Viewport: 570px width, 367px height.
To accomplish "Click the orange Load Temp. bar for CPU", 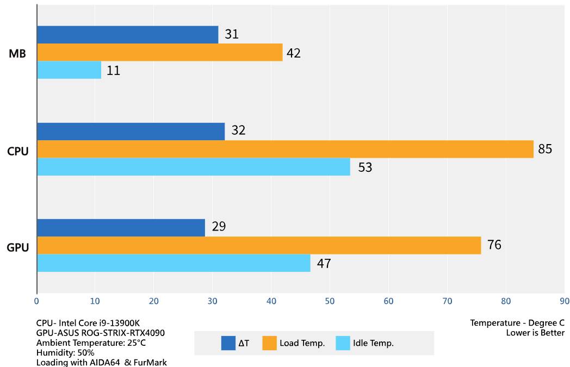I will pos(285,149).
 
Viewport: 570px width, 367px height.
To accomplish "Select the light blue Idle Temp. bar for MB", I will pos(69,70).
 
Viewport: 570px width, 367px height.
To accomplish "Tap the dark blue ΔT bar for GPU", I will pos(121,227).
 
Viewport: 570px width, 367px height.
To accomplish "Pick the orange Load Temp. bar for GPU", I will pos(259,245).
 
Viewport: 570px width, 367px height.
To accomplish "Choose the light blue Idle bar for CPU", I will pos(193,167).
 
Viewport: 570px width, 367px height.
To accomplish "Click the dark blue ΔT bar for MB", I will pos(127,35).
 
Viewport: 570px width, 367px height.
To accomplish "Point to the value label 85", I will pos(544,149).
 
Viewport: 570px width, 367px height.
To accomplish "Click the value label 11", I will pos(113,71).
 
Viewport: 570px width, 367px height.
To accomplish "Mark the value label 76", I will pos(494,245).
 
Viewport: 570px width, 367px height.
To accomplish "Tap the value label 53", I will pos(365,167).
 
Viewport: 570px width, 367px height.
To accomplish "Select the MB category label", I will pos(17,54).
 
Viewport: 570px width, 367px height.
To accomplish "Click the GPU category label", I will pos(17,248).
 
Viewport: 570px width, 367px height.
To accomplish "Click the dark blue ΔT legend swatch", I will pos(228,343).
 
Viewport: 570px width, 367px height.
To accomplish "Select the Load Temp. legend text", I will pos(302,343).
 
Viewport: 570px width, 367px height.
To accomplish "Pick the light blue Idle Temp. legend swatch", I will pos(343,343).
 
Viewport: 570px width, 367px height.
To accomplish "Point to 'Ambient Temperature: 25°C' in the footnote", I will pos(91,343).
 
